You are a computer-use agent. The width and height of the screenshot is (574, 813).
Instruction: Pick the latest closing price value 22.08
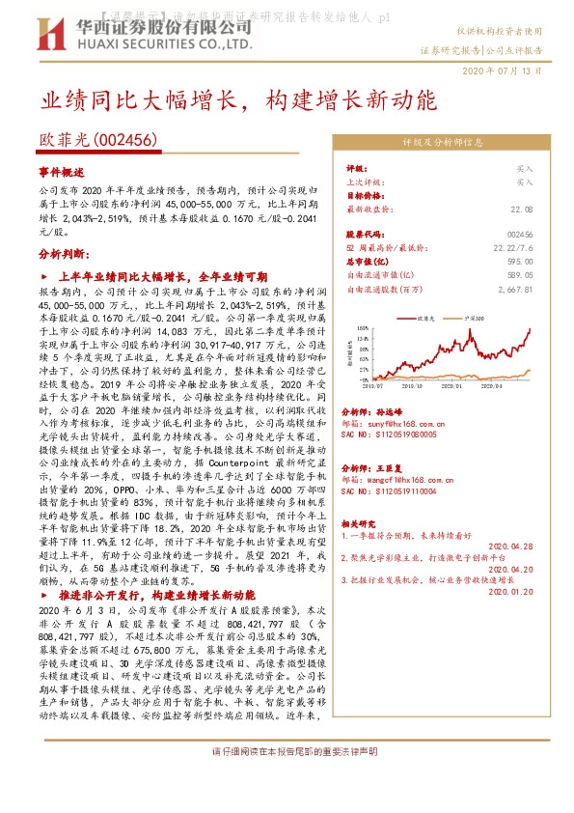(522, 208)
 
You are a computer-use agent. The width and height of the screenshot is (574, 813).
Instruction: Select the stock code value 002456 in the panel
(519, 235)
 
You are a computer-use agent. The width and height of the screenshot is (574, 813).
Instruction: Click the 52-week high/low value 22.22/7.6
(511, 248)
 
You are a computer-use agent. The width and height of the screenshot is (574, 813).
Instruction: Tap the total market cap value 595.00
(519, 261)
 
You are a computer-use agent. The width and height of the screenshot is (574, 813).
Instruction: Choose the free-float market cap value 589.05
(519, 274)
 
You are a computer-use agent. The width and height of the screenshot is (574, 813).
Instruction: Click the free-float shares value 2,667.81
(514, 288)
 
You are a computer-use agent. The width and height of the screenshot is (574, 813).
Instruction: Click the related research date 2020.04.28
(511, 545)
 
